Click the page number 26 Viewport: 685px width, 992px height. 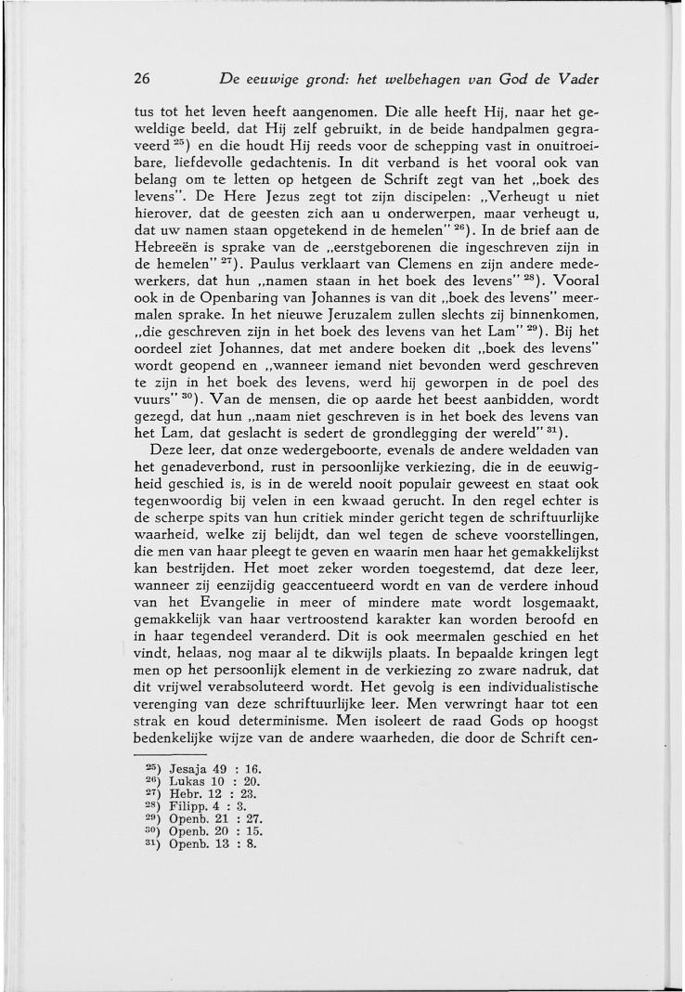pos(143,77)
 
